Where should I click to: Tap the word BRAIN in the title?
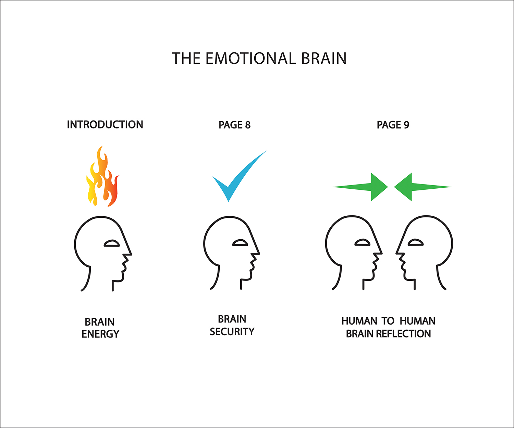[324, 59]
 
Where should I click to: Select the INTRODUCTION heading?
[105, 125]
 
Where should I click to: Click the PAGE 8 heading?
[234, 125]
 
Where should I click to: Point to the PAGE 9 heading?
[393, 125]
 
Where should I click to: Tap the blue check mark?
[236, 176]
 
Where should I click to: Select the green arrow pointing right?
[363, 187]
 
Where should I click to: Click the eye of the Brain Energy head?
[112, 243]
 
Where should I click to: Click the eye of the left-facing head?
[415, 242]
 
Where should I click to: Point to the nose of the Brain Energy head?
[129, 254]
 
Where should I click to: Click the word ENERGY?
[100, 334]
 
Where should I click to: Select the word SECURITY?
[232, 331]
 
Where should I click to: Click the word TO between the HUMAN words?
[388, 321]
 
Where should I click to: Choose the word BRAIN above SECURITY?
[232, 319]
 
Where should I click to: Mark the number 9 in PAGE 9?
[406, 125]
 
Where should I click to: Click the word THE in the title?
[186, 59]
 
